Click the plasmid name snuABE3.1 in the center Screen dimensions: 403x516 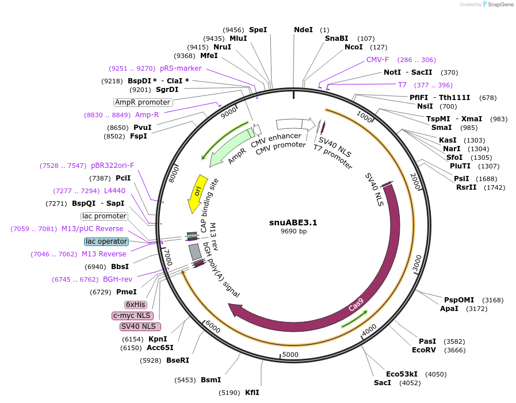(x=293, y=222)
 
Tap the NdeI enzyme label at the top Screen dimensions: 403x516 (x=303, y=29)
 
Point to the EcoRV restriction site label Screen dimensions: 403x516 (x=427, y=350)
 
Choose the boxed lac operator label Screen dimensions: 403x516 (x=106, y=241)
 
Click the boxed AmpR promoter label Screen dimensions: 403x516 (x=143, y=102)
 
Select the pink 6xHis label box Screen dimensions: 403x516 (x=136, y=304)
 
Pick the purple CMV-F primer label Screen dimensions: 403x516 (x=377, y=59)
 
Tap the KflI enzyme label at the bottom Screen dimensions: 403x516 (x=252, y=393)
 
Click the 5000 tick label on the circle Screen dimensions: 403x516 (x=291, y=354)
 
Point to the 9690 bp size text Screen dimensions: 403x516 (x=293, y=231)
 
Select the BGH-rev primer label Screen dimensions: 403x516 (x=117, y=279)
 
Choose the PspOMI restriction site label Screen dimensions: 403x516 (x=459, y=300)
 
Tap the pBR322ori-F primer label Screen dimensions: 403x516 (x=112, y=165)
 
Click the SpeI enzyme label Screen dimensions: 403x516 (x=258, y=29)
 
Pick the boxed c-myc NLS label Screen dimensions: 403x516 (x=132, y=316)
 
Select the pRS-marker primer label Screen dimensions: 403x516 (x=181, y=68)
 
